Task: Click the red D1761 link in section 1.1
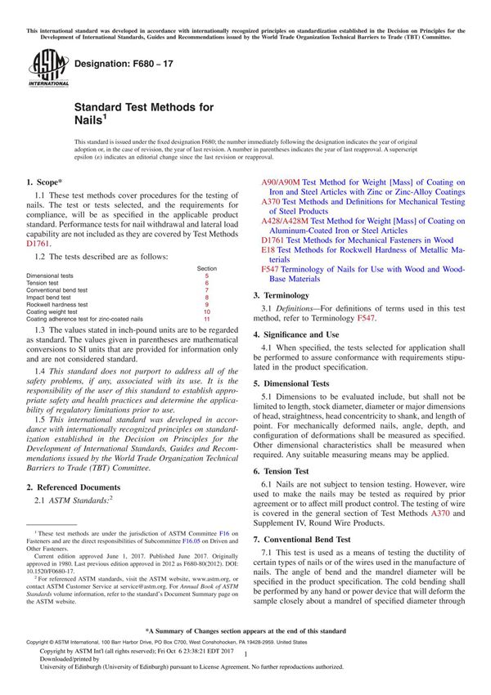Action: pyautogui.click(x=38, y=243)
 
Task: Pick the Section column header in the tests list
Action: pyautogui.click(x=207, y=268)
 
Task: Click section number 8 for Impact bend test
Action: pyautogui.click(x=207, y=298)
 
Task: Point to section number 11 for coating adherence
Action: pyautogui.click(x=207, y=319)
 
